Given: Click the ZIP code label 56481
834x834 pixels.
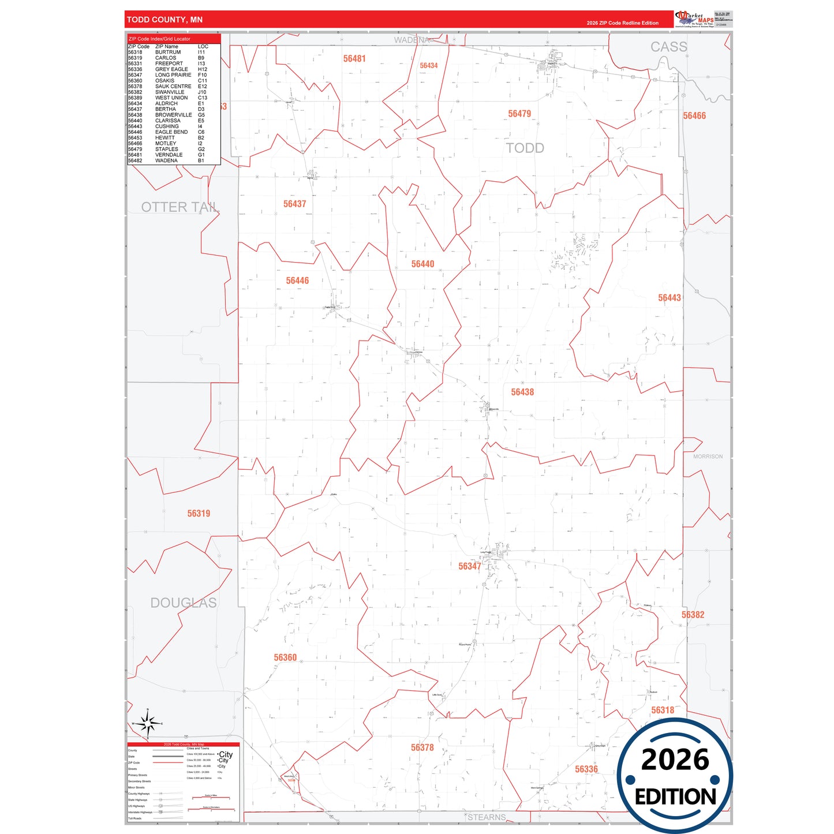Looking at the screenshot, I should coord(354,59).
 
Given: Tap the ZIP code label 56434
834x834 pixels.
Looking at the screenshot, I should coord(428,66).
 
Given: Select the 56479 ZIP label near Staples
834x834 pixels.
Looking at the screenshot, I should coord(519,114).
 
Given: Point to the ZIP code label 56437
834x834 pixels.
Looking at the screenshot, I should coord(294,204).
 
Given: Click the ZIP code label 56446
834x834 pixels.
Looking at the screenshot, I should coord(297,281).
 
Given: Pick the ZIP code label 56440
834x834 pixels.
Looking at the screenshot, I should coord(422,264).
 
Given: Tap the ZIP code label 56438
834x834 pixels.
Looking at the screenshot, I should coord(522,392).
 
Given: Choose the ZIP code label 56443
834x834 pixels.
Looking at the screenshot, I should coord(670,298).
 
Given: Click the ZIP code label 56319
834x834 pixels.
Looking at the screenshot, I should coord(199,514).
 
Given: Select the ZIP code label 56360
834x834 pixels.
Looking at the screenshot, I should coord(285,658).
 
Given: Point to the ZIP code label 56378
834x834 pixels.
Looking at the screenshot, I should coord(422,748).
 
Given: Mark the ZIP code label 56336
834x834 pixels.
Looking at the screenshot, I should coord(586,769).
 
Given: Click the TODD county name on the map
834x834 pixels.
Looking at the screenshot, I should coord(525,148).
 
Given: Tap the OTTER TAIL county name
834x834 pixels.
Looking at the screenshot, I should coord(179,207).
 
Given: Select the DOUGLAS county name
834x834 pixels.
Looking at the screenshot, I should coord(184,603).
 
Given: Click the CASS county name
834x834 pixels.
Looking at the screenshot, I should coord(669,47).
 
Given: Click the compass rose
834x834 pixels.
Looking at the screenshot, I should coord(148,723).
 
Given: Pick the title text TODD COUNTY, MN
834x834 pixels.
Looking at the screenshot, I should coord(164,20).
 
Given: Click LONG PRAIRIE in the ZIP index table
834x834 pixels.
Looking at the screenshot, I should coord(173,75).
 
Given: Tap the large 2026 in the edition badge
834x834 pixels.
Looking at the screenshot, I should coord(675,760).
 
